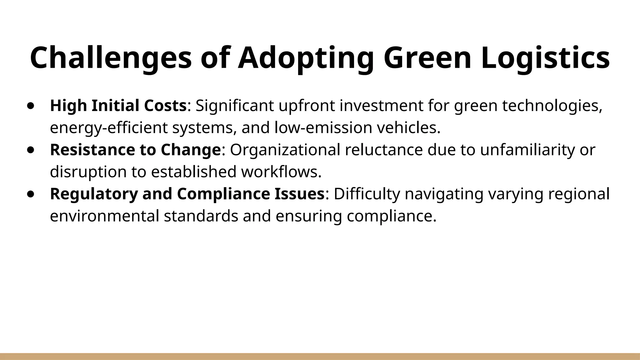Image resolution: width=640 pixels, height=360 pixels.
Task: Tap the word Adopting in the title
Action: (x=306, y=58)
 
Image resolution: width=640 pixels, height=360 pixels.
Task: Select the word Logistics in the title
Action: (x=545, y=58)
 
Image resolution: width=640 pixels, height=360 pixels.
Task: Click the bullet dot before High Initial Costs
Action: (x=31, y=106)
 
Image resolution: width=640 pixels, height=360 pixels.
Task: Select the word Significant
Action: (x=234, y=106)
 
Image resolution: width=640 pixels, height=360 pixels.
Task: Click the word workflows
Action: (x=281, y=172)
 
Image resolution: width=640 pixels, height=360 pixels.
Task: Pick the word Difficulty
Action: (x=367, y=194)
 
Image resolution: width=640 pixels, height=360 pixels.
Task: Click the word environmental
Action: (x=104, y=216)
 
